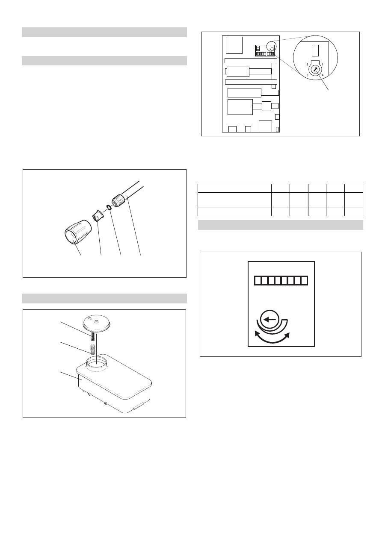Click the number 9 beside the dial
(x=307, y=65)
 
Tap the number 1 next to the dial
(x=323, y=65)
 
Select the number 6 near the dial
(x=307, y=75)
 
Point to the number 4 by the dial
(x=323, y=75)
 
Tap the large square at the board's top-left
(x=234, y=45)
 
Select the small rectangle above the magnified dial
(x=315, y=50)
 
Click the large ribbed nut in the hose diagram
(x=78, y=232)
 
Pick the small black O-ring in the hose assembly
(x=109, y=207)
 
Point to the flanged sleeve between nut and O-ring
(x=98, y=216)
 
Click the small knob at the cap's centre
(x=96, y=321)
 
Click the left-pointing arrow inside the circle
(x=269, y=320)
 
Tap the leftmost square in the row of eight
(x=258, y=281)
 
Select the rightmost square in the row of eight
(x=304, y=281)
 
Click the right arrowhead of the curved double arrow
(x=287, y=335)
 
